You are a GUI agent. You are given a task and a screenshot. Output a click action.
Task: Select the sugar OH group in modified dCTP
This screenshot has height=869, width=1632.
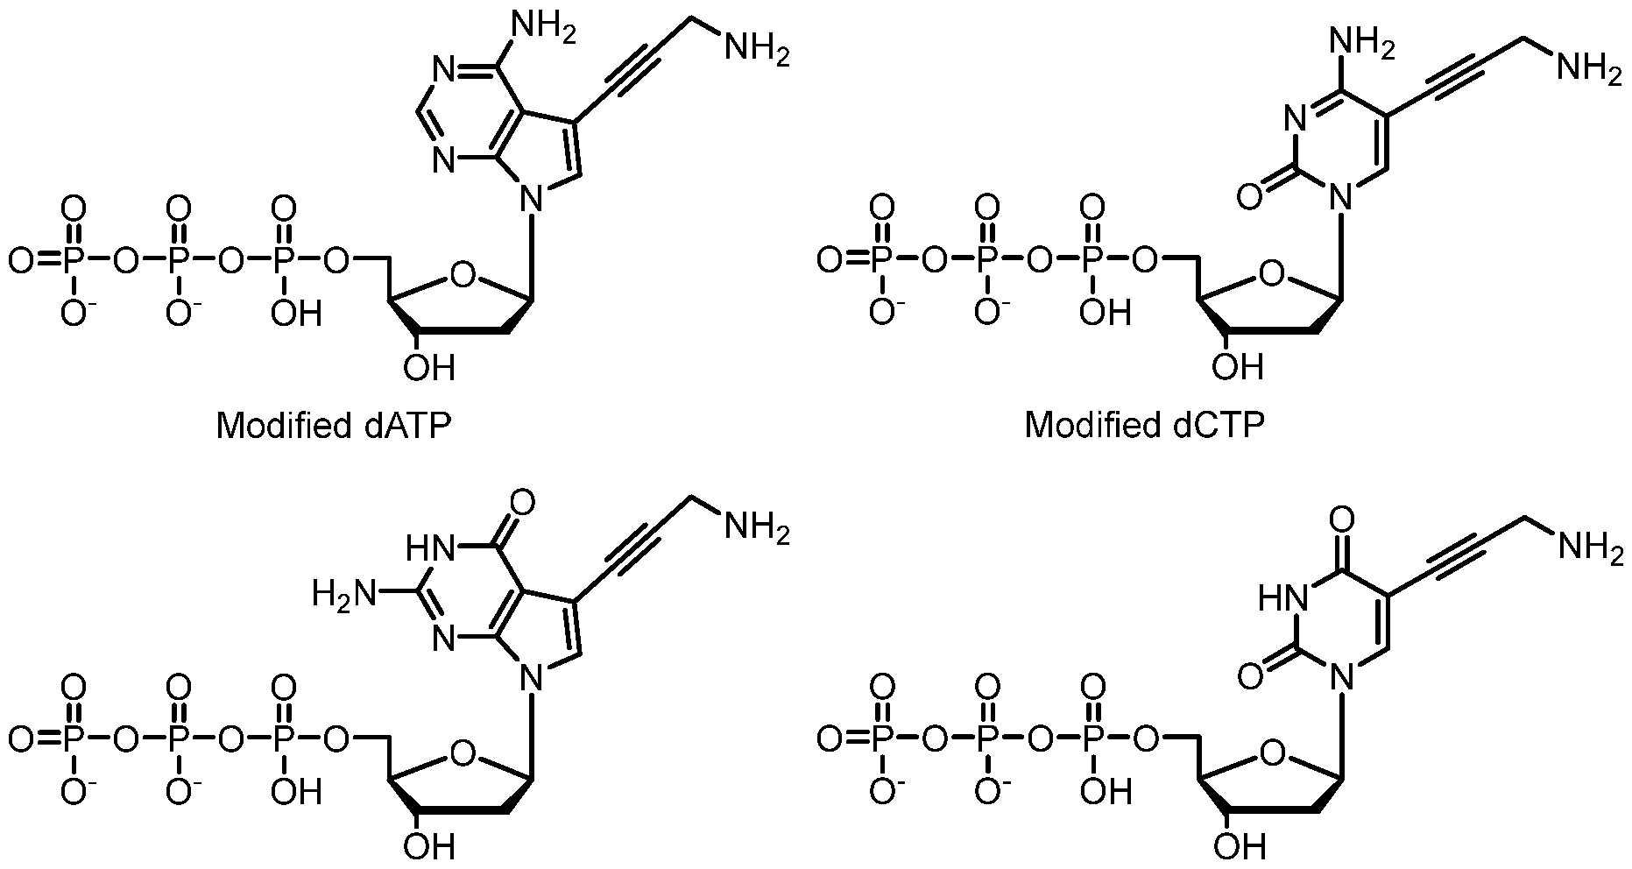tap(1239, 366)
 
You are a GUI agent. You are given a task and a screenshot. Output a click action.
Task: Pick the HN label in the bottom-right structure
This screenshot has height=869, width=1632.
tap(1283, 600)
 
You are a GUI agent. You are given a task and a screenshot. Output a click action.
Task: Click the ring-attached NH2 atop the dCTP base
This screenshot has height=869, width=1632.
tap(1360, 41)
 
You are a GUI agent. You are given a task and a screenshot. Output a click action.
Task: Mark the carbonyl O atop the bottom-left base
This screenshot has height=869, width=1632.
tap(521, 503)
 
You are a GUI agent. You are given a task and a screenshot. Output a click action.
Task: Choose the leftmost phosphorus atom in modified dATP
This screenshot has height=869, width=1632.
tap(74, 260)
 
